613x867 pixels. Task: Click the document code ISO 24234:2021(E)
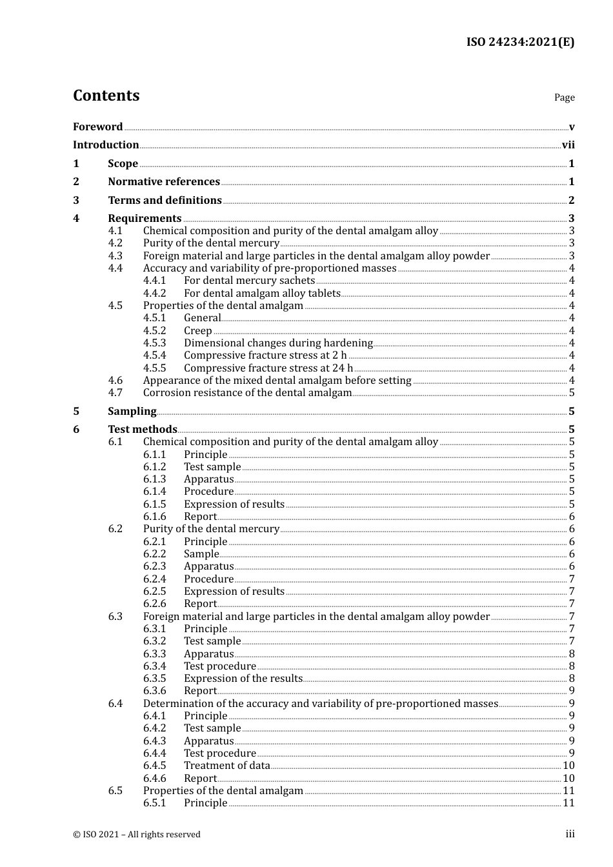click(x=520, y=43)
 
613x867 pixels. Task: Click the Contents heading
click(x=106, y=95)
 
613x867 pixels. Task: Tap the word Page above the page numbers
click(x=564, y=97)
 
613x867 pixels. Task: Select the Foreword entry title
click(x=97, y=127)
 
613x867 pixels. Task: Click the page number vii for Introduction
click(x=568, y=145)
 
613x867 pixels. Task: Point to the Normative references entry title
click(x=164, y=182)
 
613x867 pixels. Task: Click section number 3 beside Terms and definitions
click(x=76, y=201)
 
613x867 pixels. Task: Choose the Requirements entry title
click(x=145, y=219)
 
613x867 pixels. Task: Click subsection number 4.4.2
click(x=154, y=294)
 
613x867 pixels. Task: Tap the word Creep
click(x=197, y=331)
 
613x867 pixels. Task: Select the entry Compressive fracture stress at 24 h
click(x=268, y=368)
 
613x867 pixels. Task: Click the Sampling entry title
click(x=132, y=412)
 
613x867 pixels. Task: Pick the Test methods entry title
click(x=142, y=430)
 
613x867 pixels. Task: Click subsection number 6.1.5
click(x=154, y=504)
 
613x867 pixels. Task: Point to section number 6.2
click(x=115, y=529)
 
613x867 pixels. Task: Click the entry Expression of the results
click(x=243, y=679)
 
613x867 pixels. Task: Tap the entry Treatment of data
click(x=226, y=766)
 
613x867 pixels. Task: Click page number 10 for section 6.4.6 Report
click(x=568, y=779)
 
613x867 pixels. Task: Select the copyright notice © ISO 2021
click(x=136, y=835)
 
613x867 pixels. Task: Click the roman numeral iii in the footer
click(x=570, y=834)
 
